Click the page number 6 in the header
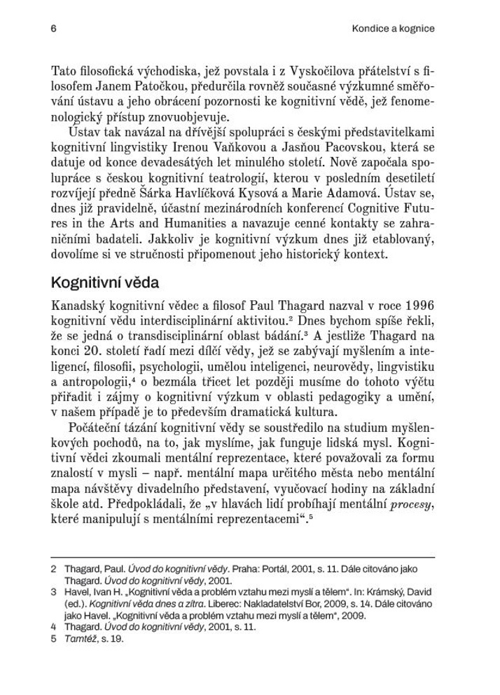[53, 29]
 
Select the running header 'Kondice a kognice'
[394, 29]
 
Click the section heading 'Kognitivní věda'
[105, 283]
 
